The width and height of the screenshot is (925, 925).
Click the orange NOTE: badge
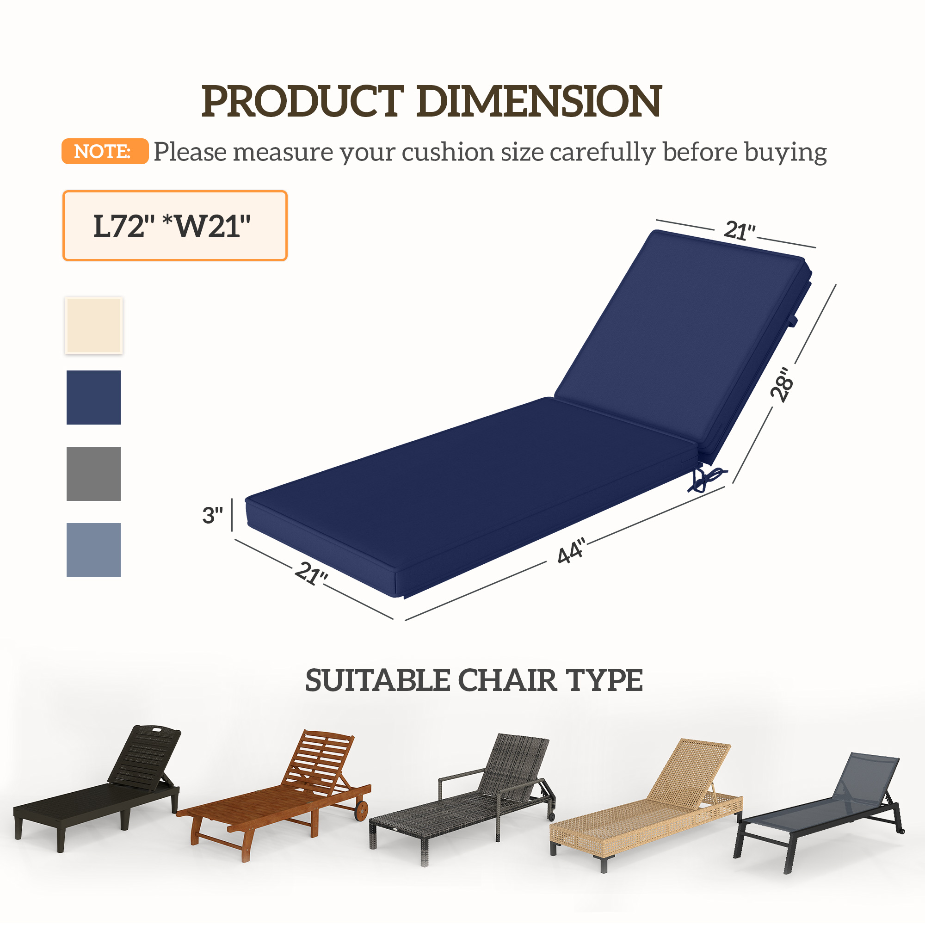(105, 151)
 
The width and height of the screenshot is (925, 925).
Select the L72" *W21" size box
(175, 226)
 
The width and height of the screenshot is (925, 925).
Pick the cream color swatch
(93, 326)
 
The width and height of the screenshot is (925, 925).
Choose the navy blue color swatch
(93, 397)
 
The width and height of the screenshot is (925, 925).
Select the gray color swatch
(93, 474)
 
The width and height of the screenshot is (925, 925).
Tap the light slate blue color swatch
(93, 549)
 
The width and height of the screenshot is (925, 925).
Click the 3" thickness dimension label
(212, 515)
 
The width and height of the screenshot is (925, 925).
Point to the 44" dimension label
(571, 551)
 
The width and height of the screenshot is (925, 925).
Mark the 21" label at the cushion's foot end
(311, 573)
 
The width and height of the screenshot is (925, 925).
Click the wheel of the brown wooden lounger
(362, 810)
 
